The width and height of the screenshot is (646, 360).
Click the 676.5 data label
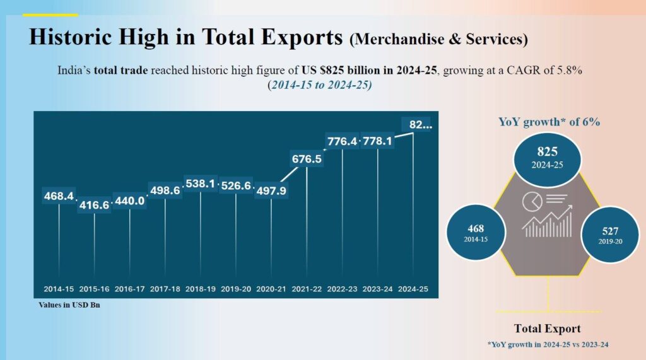pyautogui.click(x=307, y=160)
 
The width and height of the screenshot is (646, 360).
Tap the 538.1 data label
pyautogui.click(x=200, y=184)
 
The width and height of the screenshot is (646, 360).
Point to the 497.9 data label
pyautogui.click(x=271, y=191)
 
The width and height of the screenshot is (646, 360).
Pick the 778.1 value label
pyautogui.click(x=377, y=141)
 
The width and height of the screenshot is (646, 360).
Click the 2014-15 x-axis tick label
pyautogui.click(x=59, y=289)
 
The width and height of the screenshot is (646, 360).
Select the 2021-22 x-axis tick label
pyautogui.click(x=307, y=289)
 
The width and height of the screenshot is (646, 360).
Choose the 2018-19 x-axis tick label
pyautogui.click(x=201, y=289)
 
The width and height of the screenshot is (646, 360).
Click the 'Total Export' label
pyautogui.click(x=547, y=328)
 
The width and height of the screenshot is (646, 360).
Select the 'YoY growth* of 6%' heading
pyautogui.click(x=549, y=122)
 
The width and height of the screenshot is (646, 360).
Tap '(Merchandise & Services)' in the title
pyautogui.click(x=438, y=39)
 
